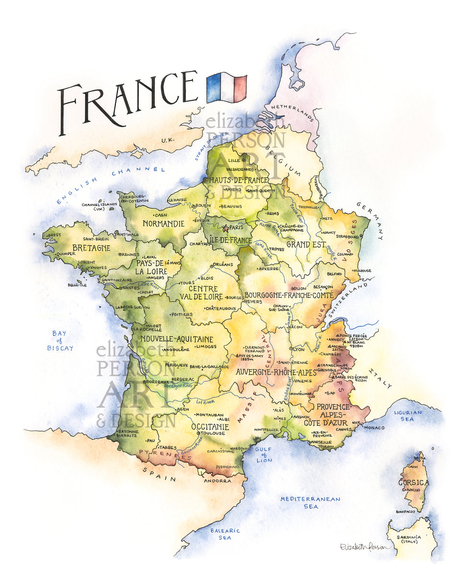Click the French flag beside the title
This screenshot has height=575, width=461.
[226, 88]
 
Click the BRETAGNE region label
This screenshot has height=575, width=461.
[91, 248]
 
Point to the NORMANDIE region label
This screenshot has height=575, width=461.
[163, 224]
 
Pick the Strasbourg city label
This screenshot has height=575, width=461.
[347, 237]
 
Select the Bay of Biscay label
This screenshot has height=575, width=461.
[60, 340]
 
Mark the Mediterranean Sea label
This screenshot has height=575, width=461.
[310, 502]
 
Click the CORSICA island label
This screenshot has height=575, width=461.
[414, 483]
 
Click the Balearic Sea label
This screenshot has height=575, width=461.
[225, 534]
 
